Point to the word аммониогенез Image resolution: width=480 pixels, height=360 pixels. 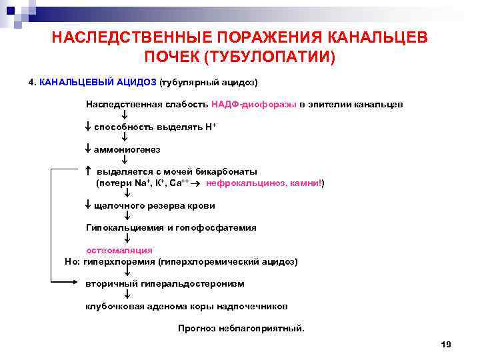[127, 149]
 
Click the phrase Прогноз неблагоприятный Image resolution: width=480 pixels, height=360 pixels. [241, 329]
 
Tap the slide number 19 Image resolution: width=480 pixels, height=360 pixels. [446, 344]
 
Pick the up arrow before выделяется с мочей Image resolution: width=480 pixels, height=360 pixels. [88, 171]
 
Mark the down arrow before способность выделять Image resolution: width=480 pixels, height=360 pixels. [88, 127]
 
